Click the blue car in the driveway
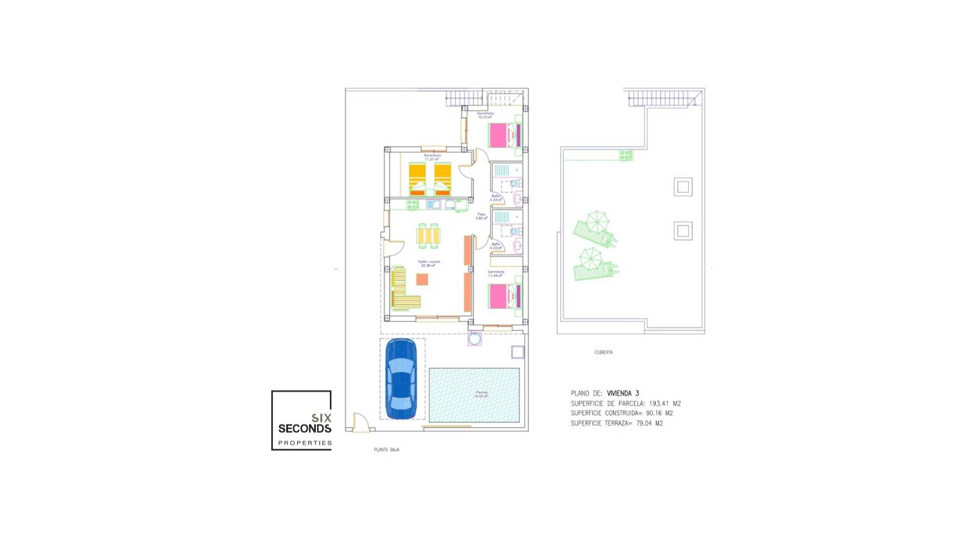tap(401, 379)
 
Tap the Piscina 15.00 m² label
tap(481, 394)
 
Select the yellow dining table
tap(429, 236)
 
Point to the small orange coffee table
tap(422, 279)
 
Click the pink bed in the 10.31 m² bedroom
tap(499, 135)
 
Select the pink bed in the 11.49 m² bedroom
tap(499, 296)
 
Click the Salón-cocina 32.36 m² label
tap(429, 263)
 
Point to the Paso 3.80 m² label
tap(481, 216)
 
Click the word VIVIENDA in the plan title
tap(619, 393)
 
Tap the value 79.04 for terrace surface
tap(644, 423)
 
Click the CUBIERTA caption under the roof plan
tap(603, 352)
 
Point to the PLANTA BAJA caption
tap(386, 449)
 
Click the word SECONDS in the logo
tap(305, 429)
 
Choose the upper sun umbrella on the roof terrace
tap(597, 222)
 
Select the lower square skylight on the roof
tap(683, 231)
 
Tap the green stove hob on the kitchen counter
tap(412, 205)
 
